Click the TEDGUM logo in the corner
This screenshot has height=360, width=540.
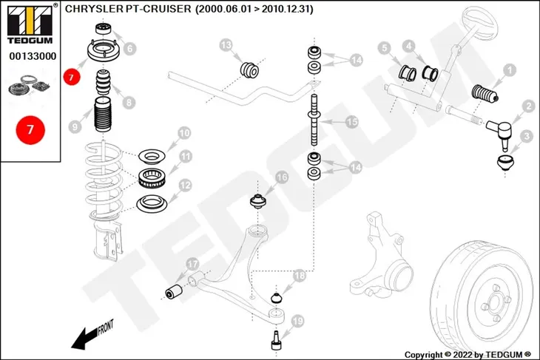click(x=30, y=24)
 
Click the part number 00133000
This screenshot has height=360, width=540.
click(x=33, y=56)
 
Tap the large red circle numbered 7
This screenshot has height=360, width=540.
click(x=30, y=130)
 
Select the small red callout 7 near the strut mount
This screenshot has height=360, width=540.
click(x=71, y=77)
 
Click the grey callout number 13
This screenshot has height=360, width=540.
click(x=226, y=45)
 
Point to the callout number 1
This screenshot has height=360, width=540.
click(x=510, y=70)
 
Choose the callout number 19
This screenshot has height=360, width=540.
click(x=297, y=321)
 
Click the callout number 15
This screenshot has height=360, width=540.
click(x=351, y=122)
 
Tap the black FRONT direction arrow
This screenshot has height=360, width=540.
click(x=84, y=339)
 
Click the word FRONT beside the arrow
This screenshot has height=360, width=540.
click(x=106, y=327)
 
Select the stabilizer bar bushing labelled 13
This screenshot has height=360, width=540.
click(x=249, y=70)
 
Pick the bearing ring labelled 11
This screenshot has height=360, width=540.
click(x=152, y=178)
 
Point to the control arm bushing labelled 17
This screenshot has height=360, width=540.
click(x=174, y=291)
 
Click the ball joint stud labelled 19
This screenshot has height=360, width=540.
click(x=276, y=340)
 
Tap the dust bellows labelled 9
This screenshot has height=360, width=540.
click(x=102, y=115)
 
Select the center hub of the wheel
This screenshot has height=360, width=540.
click(x=493, y=303)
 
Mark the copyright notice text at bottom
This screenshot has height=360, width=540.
click(x=468, y=355)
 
